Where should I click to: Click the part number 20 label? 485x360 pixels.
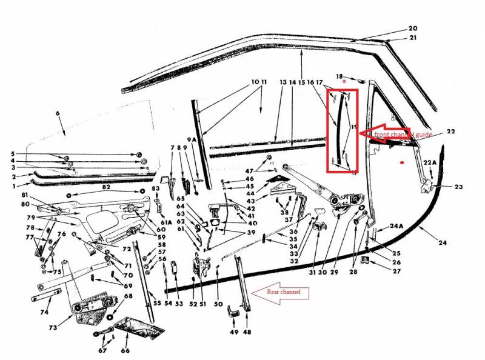(x=413, y=28)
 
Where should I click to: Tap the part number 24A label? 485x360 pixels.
(x=396, y=226)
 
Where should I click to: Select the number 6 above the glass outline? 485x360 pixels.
(x=58, y=113)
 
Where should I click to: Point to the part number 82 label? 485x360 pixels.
(x=106, y=187)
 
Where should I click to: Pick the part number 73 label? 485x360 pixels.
(x=53, y=328)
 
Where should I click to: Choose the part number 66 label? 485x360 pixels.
(x=125, y=350)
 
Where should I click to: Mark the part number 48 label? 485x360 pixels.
(x=247, y=332)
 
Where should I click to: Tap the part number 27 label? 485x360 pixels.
(x=396, y=271)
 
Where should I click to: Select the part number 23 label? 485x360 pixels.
(x=458, y=187)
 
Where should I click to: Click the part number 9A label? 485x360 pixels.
(x=192, y=140)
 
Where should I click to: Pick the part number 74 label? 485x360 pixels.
(x=44, y=313)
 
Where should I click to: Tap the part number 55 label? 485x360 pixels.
(x=157, y=303)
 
